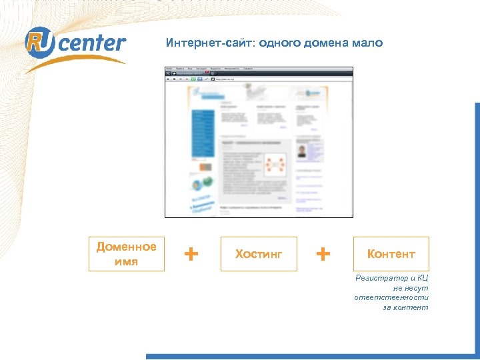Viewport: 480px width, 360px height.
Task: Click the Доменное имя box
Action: point(126,254)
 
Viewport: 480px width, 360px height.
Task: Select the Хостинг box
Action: point(259,254)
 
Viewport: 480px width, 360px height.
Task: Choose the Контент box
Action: point(391,254)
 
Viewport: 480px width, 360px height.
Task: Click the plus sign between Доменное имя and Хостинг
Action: point(191,253)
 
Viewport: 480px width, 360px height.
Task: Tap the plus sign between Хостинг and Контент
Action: point(323,253)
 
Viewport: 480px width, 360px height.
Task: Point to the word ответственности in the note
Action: point(391,297)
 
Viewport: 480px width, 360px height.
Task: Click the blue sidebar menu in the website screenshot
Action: point(203,133)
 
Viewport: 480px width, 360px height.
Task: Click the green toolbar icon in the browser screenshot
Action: point(193,79)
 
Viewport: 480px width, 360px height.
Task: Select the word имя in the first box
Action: point(126,261)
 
